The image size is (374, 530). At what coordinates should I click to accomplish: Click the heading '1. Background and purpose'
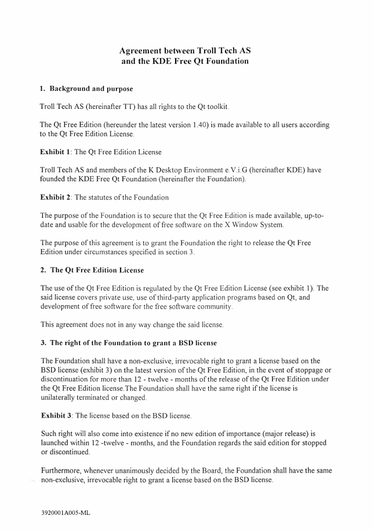coord(86,89)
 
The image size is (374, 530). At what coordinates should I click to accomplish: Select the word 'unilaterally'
coord(61,398)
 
